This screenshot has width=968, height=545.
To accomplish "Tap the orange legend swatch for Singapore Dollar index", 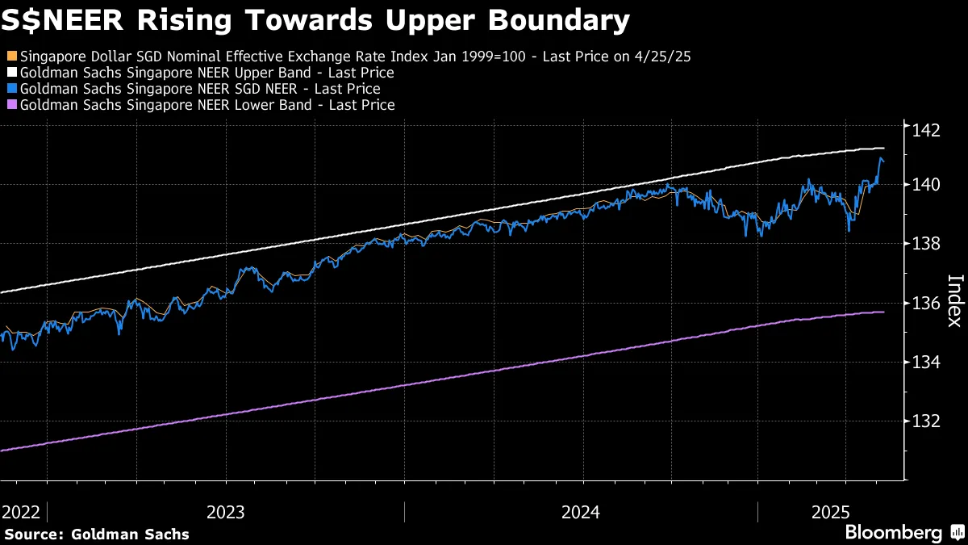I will [x=10, y=57].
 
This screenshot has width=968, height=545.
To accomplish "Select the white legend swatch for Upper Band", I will [x=10, y=73].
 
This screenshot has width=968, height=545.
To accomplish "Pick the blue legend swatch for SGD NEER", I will [x=10, y=90].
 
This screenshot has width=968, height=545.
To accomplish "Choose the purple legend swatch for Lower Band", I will [x=10, y=106].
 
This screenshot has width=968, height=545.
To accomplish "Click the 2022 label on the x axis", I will [x=22, y=512].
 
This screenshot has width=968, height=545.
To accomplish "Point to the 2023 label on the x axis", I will [x=227, y=512].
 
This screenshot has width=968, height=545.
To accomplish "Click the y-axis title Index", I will [x=953, y=300].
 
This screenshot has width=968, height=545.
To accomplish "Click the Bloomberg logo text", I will [x=893, y=533].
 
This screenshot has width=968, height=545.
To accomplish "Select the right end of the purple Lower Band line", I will [x=884, y=312].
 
